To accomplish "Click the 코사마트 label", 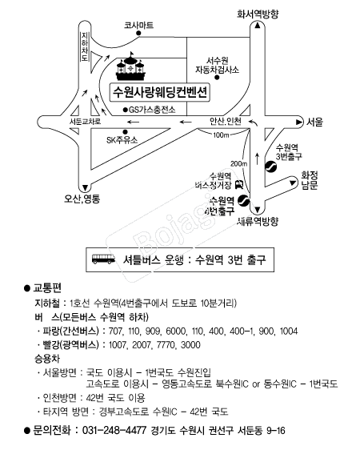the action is (138, 26).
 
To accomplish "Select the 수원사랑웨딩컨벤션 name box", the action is (160, 92).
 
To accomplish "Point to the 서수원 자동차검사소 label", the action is (218, 65).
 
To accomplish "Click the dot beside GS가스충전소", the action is (125, 110).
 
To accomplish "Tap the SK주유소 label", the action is (122, 140).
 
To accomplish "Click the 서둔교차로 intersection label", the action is (85, 122).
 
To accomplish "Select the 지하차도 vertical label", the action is (85, 46).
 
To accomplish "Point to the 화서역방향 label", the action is (258, 14).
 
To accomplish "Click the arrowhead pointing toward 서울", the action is (299, 122).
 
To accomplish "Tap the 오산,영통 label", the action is (82, 199).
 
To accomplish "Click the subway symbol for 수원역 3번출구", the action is (270, 167).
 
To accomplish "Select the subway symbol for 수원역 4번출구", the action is (243, 201).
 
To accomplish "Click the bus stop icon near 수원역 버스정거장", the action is (238, 184).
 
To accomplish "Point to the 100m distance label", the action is (221, 135).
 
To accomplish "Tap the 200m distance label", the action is (238, 163).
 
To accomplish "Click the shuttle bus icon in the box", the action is (103, 259).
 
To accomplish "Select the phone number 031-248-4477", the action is (114, 430).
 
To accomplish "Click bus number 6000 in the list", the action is (176, 331).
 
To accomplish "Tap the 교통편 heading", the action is (47, 287).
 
